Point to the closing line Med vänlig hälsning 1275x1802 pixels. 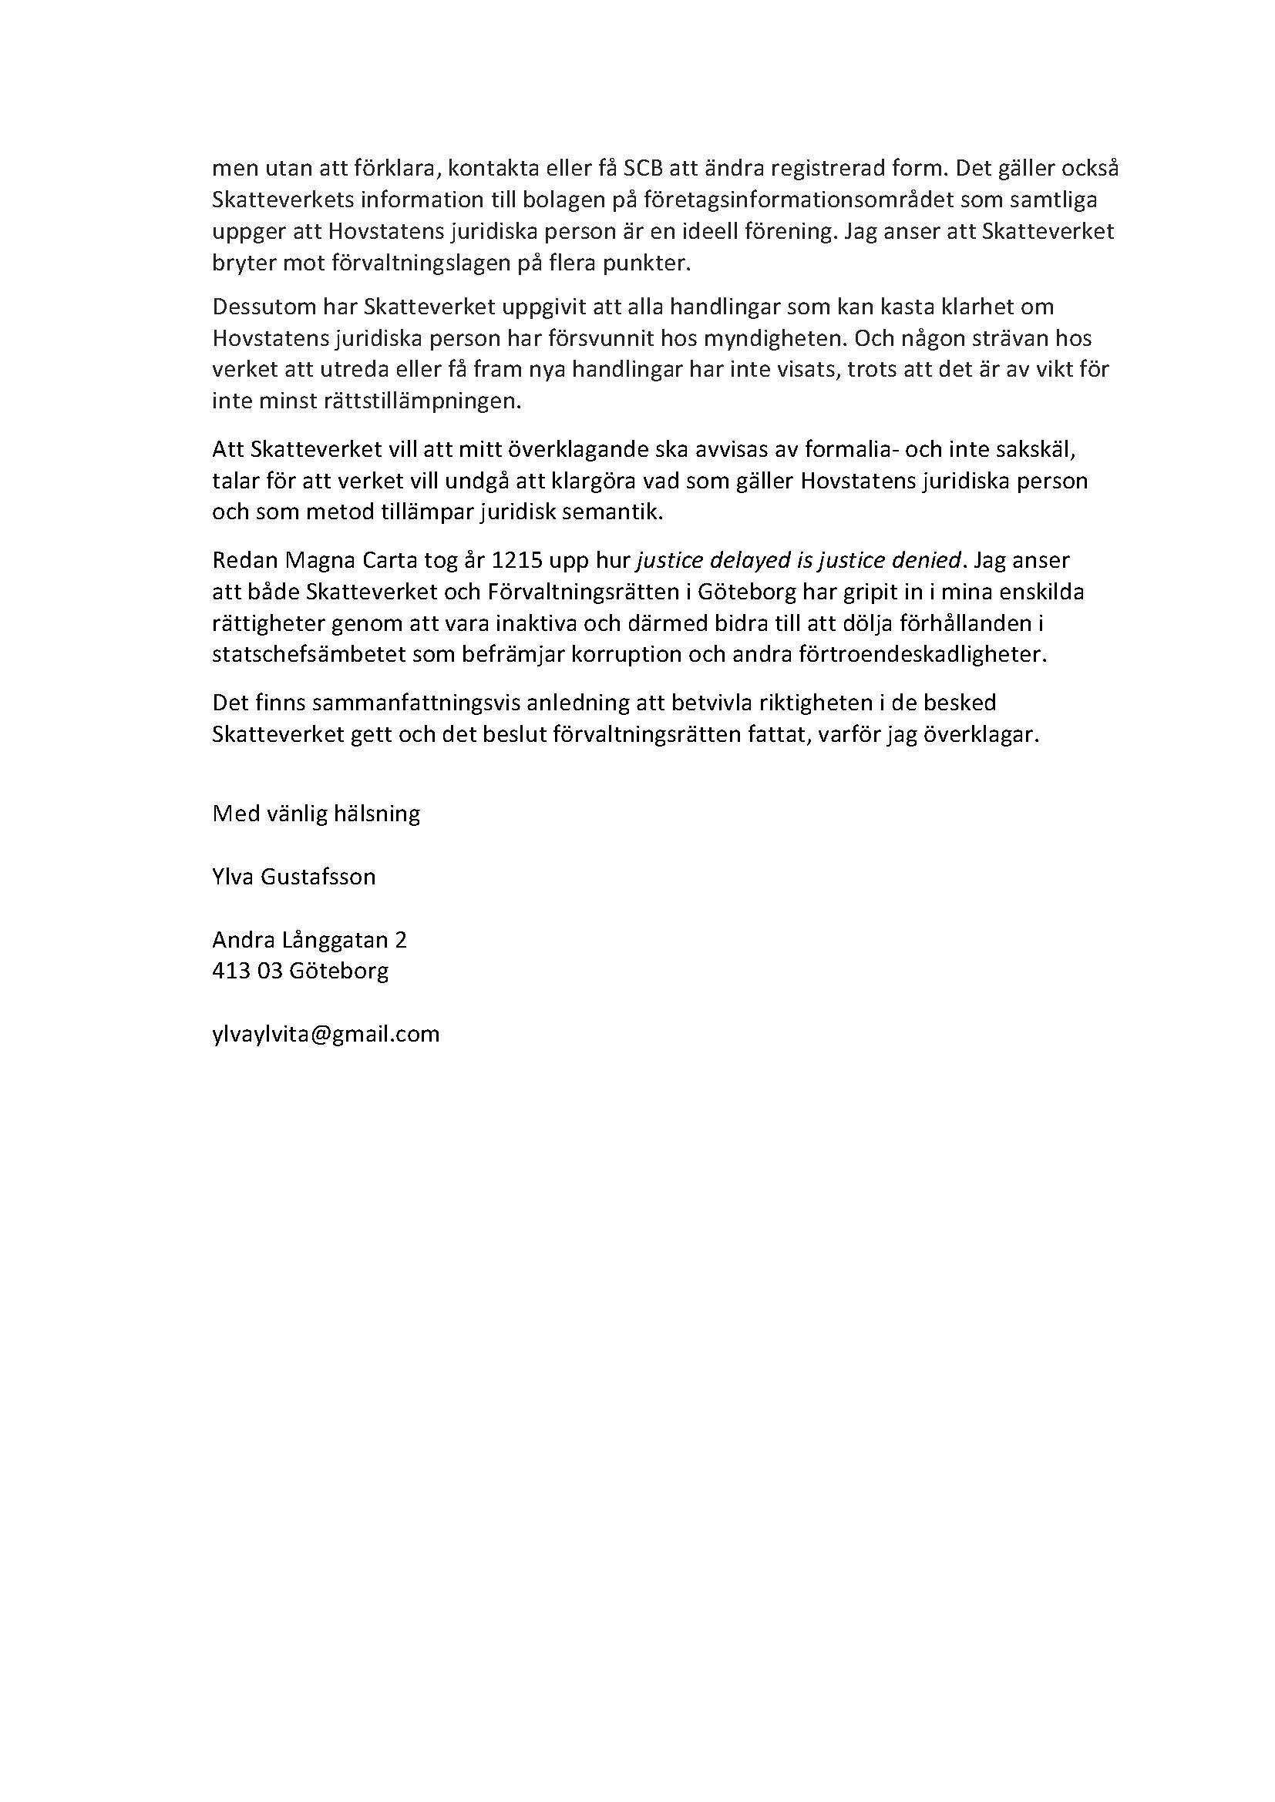[315, 813]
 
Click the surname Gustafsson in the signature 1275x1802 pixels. [325, 876]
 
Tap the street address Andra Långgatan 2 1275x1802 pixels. [309, 939]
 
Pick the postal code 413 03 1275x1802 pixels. [247, 971]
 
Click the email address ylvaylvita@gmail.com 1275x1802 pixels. [326, 1034]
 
